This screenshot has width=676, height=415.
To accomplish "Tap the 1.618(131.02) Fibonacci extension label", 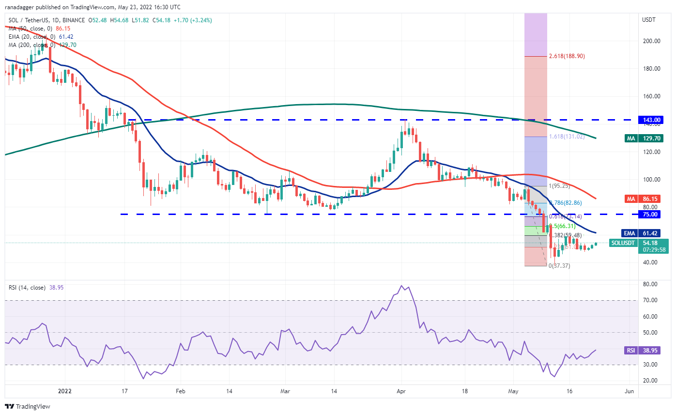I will click(x=567, y=137).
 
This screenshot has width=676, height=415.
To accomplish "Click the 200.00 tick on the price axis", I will click(x=650, y=41).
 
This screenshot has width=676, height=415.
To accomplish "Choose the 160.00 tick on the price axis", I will click(x=650, y=96).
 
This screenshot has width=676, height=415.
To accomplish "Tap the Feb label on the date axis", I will click(x=180, y=390).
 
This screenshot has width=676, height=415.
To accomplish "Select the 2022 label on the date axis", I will click(x=65, y=390).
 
